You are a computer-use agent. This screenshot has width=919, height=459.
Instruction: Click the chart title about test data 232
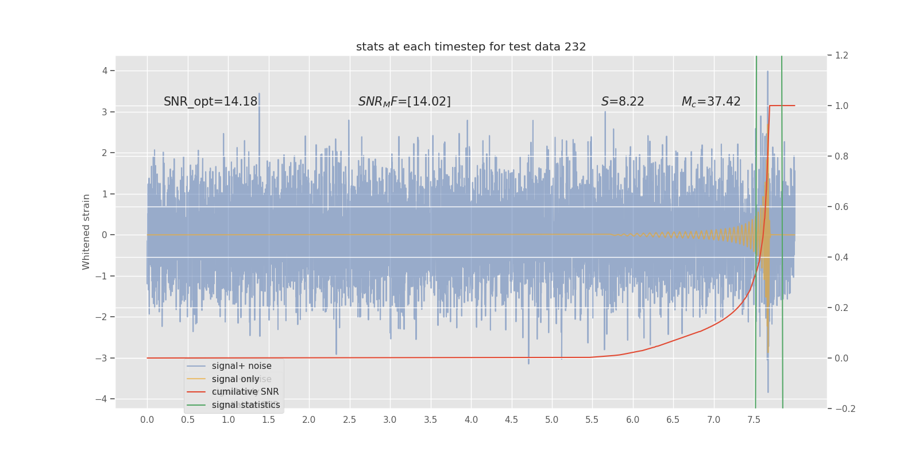(x=471, y=47)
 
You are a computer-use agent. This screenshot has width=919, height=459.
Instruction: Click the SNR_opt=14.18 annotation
(x=210, y=102)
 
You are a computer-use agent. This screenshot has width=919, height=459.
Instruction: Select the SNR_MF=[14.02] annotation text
(x=404, y=102)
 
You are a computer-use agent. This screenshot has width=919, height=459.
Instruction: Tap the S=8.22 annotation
(x=623, y=102)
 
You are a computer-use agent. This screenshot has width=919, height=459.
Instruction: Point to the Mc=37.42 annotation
(x=711, y=102)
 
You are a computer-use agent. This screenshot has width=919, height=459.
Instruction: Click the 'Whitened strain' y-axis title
(x=86, y=232)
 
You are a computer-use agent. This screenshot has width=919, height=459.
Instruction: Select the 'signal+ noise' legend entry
(x=241, y=366)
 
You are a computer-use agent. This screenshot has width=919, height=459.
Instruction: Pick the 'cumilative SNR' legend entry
(x=245, y=392)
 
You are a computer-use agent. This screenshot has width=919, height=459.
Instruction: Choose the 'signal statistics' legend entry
(x=246, y=405)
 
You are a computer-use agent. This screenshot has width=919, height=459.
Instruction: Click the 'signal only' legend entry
(x=235, y=379)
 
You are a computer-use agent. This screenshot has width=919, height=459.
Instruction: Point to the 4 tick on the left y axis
(x=105, y=71)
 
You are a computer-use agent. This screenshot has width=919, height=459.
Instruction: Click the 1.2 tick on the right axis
(x=841, y=56)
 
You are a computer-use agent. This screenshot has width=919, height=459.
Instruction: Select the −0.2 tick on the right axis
(x=844, y=409)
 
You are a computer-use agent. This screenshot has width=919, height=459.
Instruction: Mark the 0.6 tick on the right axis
(x=841, y=207)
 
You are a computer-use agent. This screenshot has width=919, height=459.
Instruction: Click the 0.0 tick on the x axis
(x=147, y=420)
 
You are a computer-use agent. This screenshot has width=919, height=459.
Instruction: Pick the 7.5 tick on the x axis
(x=754, y=420)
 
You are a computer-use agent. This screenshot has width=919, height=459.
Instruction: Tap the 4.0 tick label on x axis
(x=471, y=420)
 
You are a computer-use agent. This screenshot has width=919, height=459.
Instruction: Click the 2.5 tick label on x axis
(x=349, y=420)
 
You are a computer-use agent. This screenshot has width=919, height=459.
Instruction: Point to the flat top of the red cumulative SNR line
(x=782, y=106)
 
